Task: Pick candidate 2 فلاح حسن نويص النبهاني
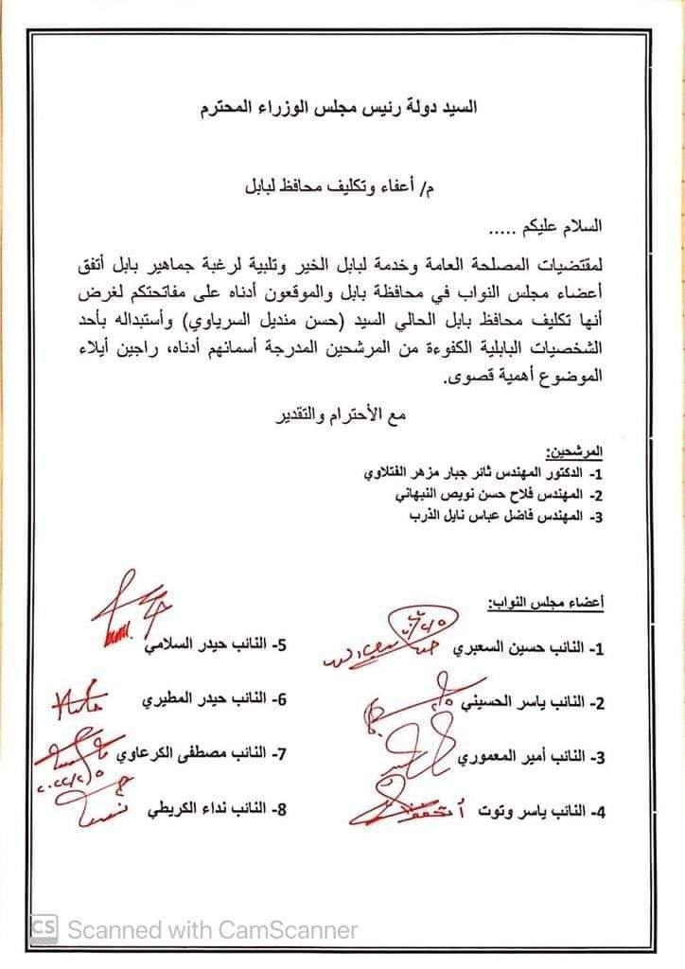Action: click(x=492, y=494)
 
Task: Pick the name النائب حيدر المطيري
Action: click(x=223, y=702)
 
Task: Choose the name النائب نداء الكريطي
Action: click(x=219, y=811)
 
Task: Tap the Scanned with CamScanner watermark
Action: click(x=195, y=929)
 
